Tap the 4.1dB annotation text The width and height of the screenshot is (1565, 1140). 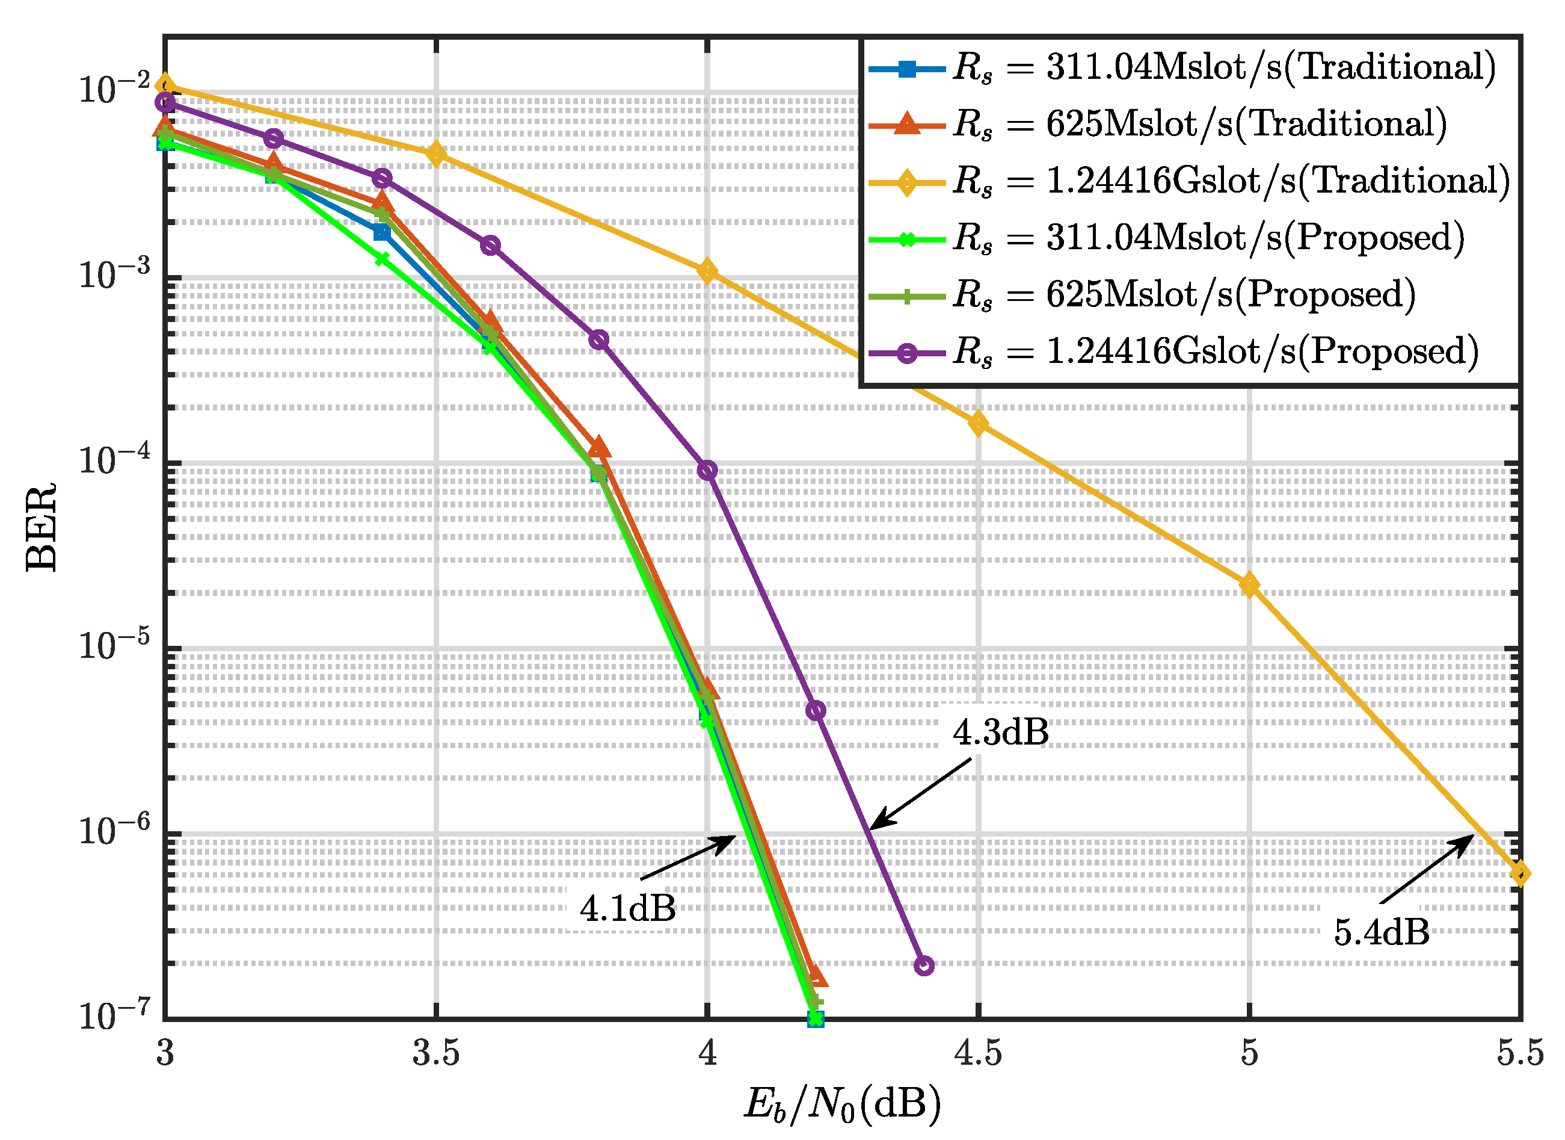pos(627,909)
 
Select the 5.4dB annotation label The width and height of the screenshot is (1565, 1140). pos(1381,933)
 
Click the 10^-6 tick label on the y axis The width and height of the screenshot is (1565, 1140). pos(114,830)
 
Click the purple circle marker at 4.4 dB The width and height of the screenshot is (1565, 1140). pos(924,965)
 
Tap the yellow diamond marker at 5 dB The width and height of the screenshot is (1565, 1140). pos(1249,586)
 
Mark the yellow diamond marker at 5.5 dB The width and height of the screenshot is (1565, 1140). pos(1519,874)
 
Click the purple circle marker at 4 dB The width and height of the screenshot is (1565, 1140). pos(707,470)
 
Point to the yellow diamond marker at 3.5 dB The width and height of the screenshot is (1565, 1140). pos(435,154)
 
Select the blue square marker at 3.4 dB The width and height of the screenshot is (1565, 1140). pos(381,232)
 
